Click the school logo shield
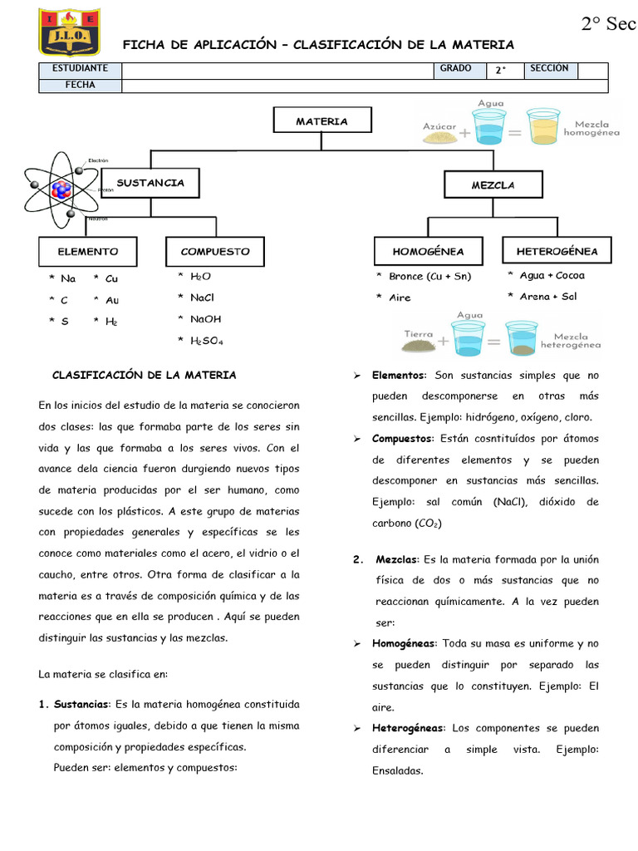click(x=66, y=32)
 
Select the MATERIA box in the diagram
click(x=321, y=121)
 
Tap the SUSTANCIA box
click(x=150, y=183)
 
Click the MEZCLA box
click(x=493, y=185)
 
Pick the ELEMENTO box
click(x=87, y=251)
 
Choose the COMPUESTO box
click(x=214, y=251)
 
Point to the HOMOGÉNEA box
click(x=428, y=251)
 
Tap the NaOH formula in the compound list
click(x=205, y=318)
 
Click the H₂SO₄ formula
click(x=207, y=340)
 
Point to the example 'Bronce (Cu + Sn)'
click(x=429, y=276)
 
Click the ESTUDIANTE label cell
click(x=80, y=69)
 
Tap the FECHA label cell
click(x=80, y=85)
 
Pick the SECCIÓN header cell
click(x=551, y=69)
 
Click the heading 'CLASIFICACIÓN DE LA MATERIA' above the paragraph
click(x=144, y=375)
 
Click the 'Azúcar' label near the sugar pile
click(x=439, y=126)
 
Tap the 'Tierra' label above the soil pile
click(x=419, y=333)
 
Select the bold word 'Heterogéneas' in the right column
click(x=408, y=728)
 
